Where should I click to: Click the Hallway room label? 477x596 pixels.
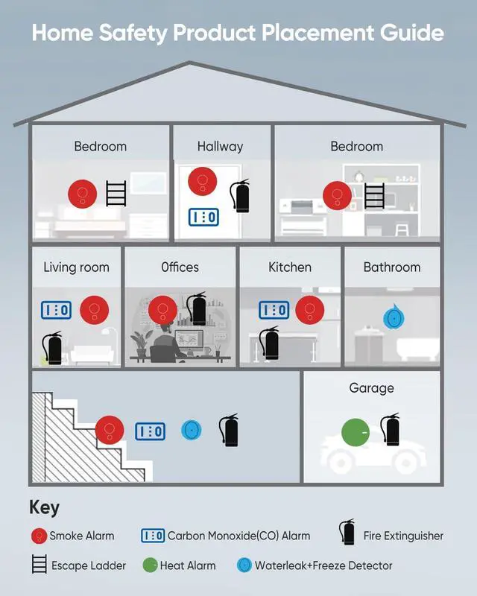tap(220, 147)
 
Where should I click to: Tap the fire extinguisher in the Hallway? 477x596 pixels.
tap(240, 196)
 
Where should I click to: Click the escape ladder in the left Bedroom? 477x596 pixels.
tap(116, 193)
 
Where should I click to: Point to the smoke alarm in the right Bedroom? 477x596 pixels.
tap(337, 197)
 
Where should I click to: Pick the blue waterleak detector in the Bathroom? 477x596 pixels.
tap(393, 317)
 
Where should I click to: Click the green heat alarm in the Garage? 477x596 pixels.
tap(356, 433)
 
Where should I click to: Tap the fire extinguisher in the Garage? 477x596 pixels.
tap(389, 431)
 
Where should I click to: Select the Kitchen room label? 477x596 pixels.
tap(290, 267)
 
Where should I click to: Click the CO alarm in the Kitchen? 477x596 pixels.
tap(274, 309)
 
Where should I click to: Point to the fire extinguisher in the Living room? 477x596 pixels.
tap(51, 346)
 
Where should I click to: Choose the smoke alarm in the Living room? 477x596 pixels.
tap(95, 308)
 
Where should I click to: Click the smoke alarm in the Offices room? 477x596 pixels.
tap(162, 310)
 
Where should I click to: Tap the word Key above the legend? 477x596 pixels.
tap(44, 508)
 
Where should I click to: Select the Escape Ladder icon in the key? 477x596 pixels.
tap(40, 565)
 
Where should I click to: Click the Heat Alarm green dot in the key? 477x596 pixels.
tap(149, 565)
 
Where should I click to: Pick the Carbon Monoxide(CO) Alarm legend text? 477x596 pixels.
tap(238, 536)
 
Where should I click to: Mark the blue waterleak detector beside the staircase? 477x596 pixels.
tap(192, 431)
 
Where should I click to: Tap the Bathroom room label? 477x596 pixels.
tap(392, 267)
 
